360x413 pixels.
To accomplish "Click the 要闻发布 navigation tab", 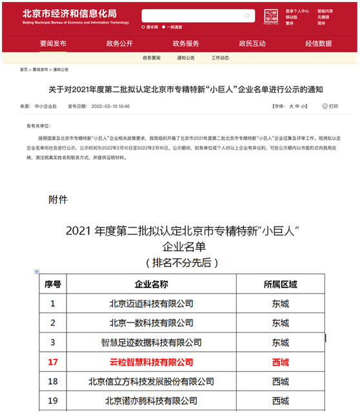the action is (x=53, y=43).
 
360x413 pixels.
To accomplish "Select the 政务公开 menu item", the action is (x=119, y=43).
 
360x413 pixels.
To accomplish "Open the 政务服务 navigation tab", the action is (x=186, y=43).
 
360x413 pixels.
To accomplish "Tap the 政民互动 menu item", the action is (x=252, y=43).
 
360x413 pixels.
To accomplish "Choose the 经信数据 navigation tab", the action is (x=319, y=43).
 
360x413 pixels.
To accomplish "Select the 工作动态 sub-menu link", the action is (x=220, y=57).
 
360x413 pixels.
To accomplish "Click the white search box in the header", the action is (x=194, y=16).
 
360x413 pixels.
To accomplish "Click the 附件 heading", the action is (x=58, y=199).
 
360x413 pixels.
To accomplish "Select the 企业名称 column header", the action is (x=151, y=284).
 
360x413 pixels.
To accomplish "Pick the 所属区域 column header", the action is (x=281, y=284).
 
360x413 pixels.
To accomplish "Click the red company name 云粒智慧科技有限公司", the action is (x=151, y=362).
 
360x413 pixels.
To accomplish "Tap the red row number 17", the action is (x=53, y=362).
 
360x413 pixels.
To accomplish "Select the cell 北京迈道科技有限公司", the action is (x=151, y=303).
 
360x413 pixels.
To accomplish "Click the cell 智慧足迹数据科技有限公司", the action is (x=151, y=342).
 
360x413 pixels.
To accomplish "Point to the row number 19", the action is (x=53, y=401).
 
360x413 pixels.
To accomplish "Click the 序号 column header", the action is (x=53, y=284).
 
